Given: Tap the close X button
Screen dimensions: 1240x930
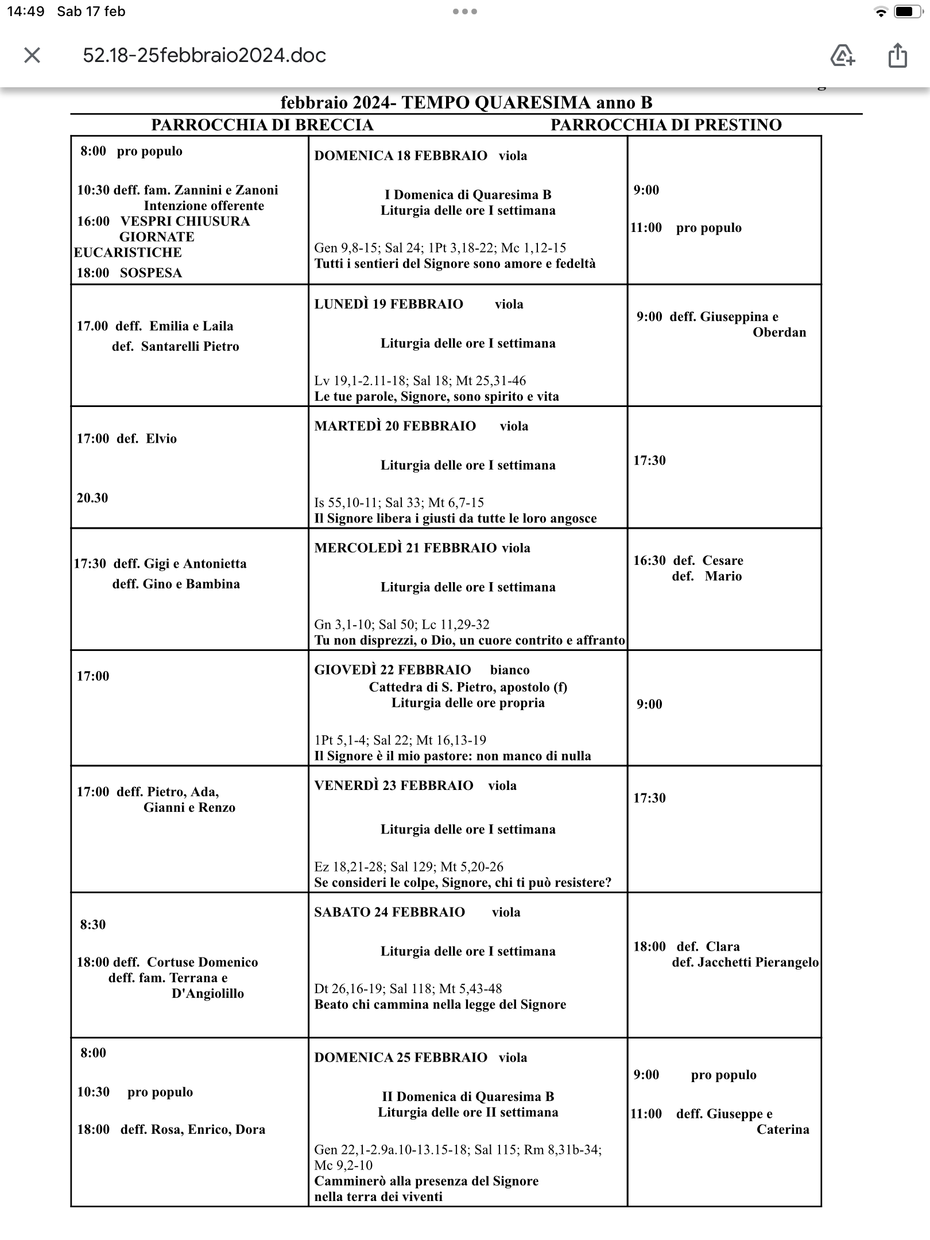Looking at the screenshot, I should tap(32, 55).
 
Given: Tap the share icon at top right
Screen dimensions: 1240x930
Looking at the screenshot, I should tap(897, 56).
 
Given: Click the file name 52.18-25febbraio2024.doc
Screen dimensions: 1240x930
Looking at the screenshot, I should tap(204, 55).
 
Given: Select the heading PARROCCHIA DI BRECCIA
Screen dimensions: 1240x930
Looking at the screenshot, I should tap(262, 125).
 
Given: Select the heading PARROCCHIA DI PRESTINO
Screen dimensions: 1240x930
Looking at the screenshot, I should tap(666, 125).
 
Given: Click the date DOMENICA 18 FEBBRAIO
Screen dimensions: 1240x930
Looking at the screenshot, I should tap(400, 156).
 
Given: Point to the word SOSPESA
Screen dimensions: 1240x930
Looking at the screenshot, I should tap(151, 273).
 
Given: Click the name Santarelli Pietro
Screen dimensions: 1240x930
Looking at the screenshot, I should tap(189, 346).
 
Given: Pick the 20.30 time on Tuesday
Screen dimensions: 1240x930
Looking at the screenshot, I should tap(92, 498).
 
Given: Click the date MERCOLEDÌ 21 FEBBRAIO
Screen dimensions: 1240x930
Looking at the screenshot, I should tap(405, 548).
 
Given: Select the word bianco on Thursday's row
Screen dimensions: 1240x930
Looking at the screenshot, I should tap(510, 669).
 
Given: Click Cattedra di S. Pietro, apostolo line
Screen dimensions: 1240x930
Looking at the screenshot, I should tap(467, 687).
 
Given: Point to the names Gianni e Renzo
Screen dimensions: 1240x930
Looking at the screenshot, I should tap(189, 807).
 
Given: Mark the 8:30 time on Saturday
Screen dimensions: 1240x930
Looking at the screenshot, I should tap(93, 924).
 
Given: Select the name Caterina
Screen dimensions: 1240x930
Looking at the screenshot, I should tap(782, 1129).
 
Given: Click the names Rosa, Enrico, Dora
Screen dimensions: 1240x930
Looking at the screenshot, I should tap(208, 1129).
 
